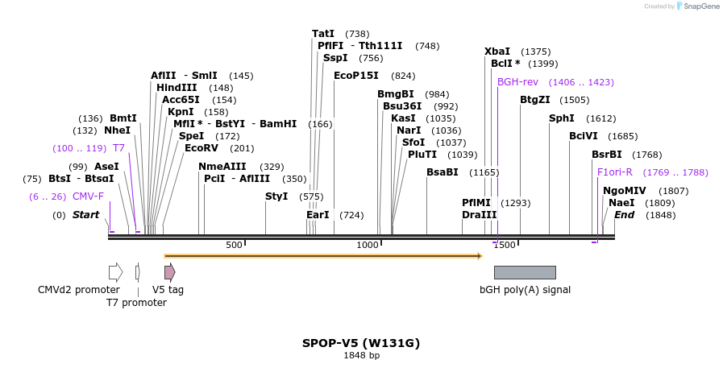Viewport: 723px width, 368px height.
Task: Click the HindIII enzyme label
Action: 177,88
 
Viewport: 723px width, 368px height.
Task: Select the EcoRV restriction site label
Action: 201,148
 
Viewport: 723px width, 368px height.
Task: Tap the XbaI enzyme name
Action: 497,52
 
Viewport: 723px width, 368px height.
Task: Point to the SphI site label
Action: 561,118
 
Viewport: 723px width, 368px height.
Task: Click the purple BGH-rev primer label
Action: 517,82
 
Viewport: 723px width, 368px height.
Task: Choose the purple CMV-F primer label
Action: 88,196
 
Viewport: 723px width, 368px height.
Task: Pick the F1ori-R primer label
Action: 615,172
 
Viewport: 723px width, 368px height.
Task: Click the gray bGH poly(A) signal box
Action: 525,272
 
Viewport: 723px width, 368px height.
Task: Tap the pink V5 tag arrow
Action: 170,272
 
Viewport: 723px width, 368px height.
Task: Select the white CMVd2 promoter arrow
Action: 116,272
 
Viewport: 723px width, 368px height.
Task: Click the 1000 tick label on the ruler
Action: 367,245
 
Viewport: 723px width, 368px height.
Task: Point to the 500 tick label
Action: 234,245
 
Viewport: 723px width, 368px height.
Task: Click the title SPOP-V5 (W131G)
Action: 361,343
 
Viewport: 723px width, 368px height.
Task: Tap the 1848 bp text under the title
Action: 361,356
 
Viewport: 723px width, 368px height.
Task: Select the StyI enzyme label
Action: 276,196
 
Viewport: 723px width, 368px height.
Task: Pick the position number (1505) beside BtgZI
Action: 574,100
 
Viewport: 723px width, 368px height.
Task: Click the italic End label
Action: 624,215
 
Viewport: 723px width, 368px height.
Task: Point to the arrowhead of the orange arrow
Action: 480,256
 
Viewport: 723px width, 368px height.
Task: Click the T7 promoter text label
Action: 136,303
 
